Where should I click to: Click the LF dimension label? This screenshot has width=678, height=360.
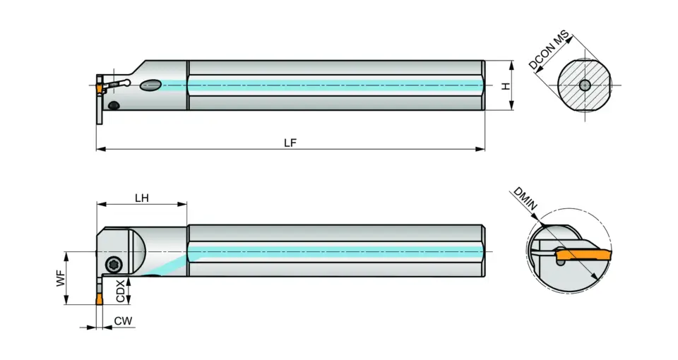click(290, 142)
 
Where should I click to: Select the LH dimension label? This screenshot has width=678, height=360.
click(141, 198)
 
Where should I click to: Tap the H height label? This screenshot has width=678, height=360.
click(505, 85)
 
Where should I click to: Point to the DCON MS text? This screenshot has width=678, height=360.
click(549, 49)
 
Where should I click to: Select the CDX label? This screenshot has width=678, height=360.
click(121, 289)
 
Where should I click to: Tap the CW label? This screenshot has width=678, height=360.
click(123, 321)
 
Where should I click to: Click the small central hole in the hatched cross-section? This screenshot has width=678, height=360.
click(584, 85)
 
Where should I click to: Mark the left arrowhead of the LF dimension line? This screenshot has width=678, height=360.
click(100, 149)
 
